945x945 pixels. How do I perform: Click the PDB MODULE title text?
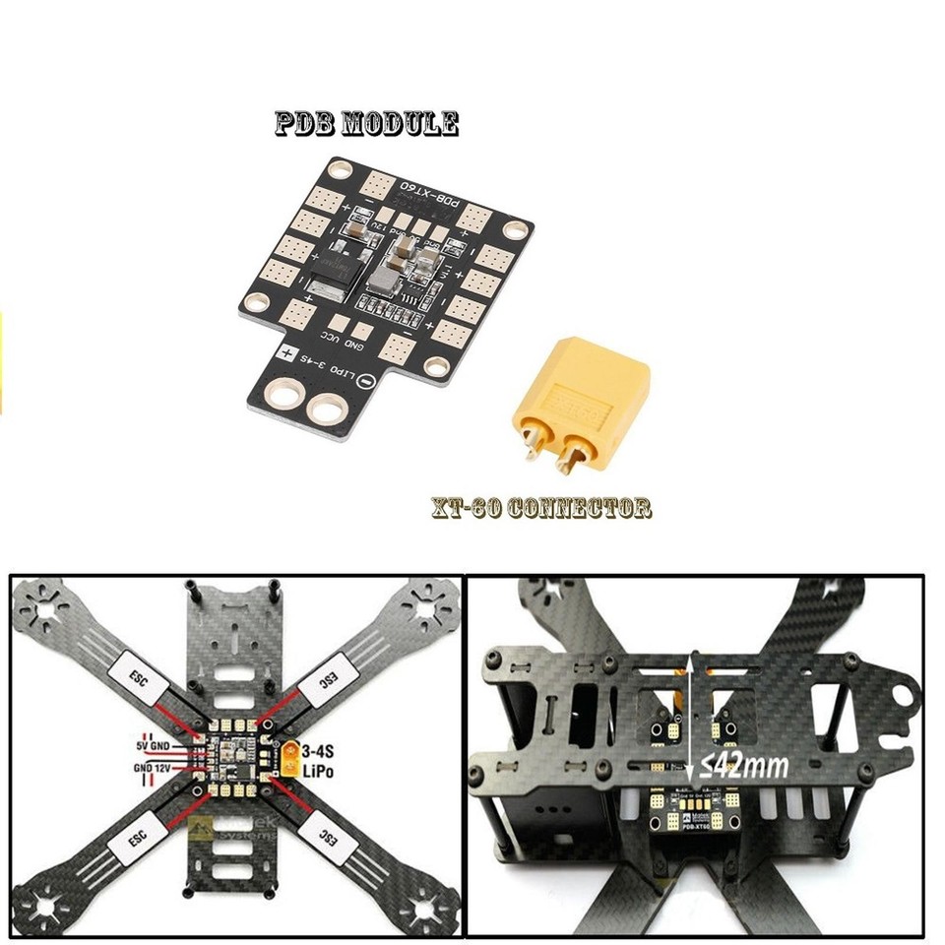[366, 124]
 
